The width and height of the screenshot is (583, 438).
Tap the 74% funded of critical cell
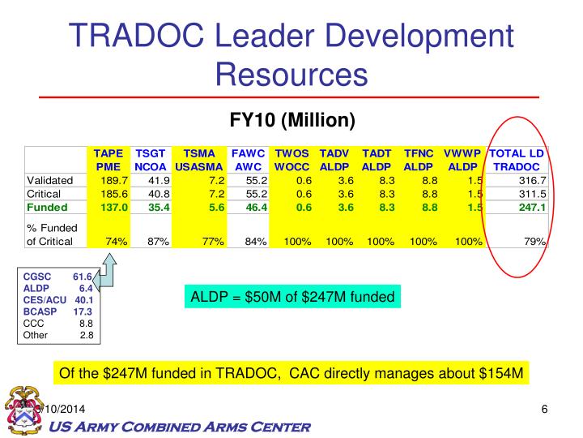tap(114, 241)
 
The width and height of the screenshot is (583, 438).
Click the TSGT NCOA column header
tap(150, 159)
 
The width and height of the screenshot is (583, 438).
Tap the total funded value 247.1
tap(531, 207)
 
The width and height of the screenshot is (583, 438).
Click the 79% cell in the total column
tap(534, 241)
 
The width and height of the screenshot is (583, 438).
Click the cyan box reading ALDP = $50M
tap(291, 297)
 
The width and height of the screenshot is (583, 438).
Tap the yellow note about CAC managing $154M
tap(291, 374)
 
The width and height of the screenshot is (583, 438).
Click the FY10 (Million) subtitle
tap(292, 121)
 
